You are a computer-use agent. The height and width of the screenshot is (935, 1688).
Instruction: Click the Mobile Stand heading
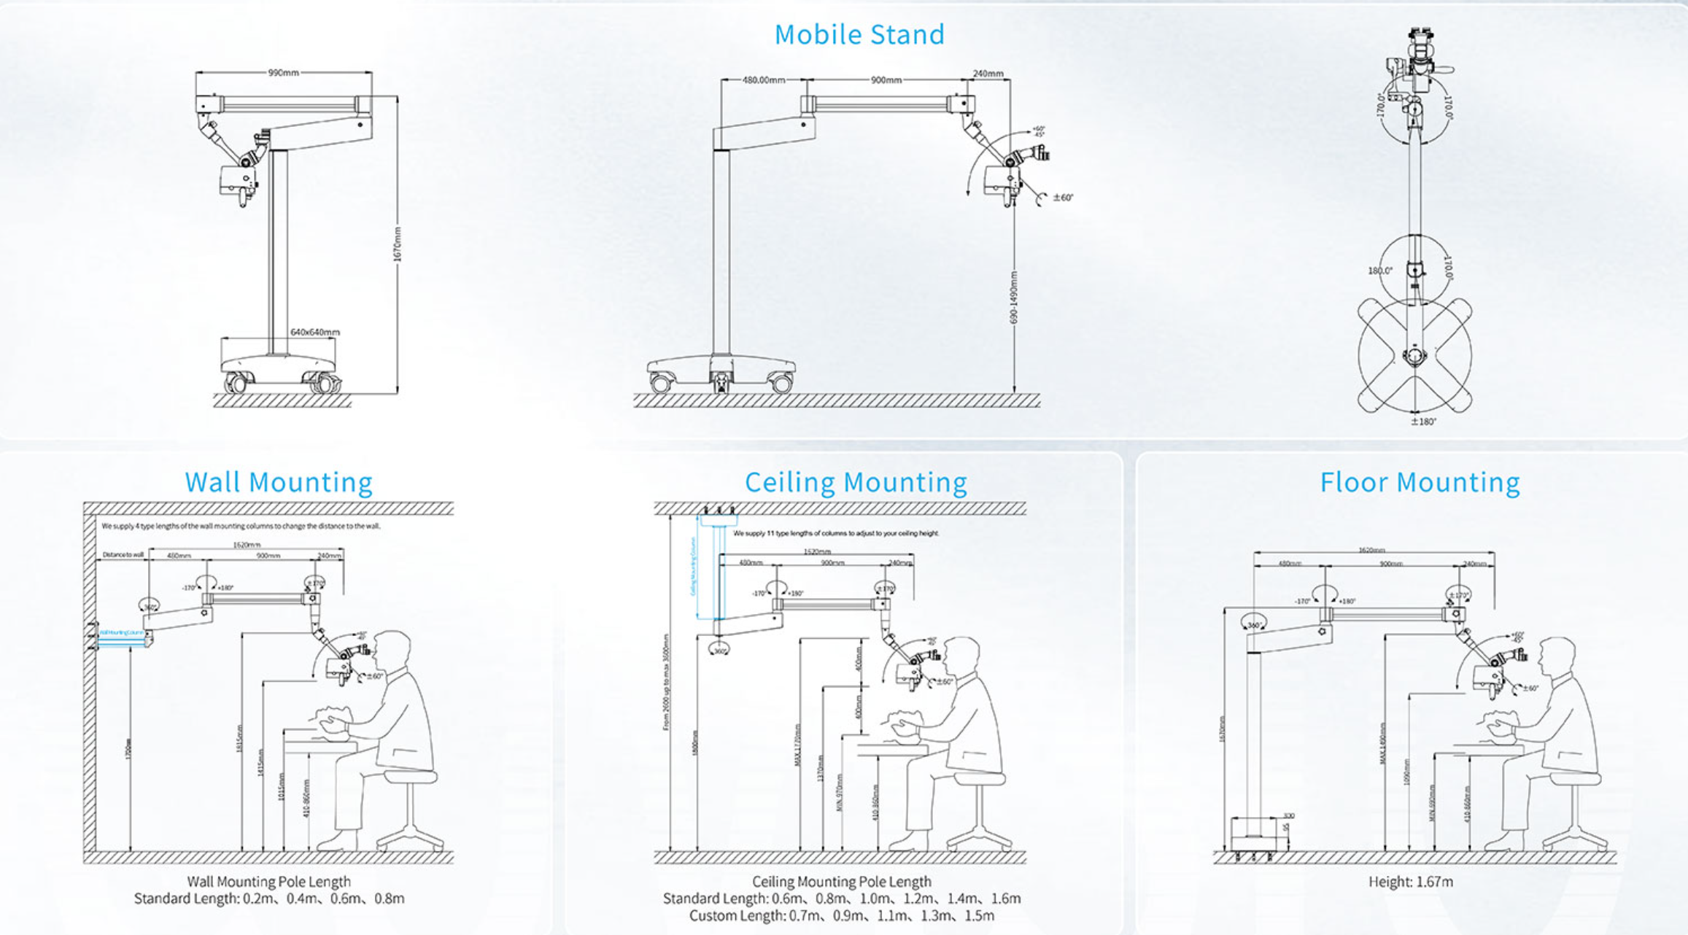click(859, 34)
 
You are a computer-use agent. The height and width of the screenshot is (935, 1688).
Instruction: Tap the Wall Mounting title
click(279, 482)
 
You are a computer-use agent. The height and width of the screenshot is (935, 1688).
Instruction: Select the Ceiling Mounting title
click(856, 482)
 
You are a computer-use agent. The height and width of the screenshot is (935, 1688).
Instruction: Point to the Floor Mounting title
click(1420, 482)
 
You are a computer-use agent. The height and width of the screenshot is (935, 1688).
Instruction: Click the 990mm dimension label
click(284, 73)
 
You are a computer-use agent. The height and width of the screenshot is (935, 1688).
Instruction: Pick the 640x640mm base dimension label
click(315, 332)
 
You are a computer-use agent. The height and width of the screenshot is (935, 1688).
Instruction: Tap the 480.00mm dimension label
click(764, 80)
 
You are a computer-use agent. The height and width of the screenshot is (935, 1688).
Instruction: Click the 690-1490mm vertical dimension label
click(1014, 298)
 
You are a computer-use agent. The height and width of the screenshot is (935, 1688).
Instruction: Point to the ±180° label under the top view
click(1423, 422)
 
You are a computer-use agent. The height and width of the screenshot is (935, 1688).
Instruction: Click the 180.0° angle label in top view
click(1379, 271)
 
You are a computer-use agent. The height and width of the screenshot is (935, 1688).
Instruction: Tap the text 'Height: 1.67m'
click(1410, 882)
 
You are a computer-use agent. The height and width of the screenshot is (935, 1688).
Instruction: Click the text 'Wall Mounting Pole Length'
click(268, 882)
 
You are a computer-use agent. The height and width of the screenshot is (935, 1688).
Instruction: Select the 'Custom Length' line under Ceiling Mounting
click(841, 916)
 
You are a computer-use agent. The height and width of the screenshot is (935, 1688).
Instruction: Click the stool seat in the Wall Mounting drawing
click(409, 777)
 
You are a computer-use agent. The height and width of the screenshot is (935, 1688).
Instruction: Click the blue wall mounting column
click(121, 632)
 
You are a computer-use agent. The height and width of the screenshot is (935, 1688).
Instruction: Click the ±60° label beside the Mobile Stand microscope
click(1063, 198)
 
